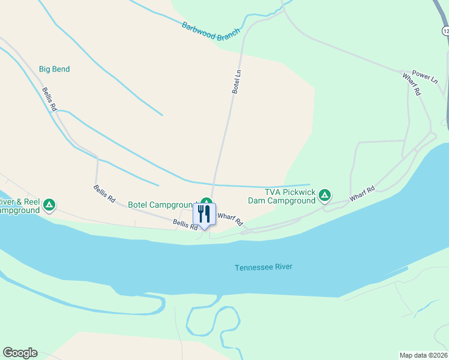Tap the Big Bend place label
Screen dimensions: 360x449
[x=54, y=69]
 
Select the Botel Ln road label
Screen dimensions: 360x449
[x=237, y=82]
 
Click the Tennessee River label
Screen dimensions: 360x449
[x=264, y=267]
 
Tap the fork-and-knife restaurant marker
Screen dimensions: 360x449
[x=204, y=214]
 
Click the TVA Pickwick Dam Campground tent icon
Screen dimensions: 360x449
[x=324, y=195]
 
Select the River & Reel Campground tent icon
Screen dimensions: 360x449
[x=50, y=205]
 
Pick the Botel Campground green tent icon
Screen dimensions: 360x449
[x=206, y=202]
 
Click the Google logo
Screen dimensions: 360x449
[x=20, y=353]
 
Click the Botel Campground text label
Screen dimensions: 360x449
[x=163, y=205]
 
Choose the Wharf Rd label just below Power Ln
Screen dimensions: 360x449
[x=412, y=85]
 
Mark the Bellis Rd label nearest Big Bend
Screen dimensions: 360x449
[x=49, y=99]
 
